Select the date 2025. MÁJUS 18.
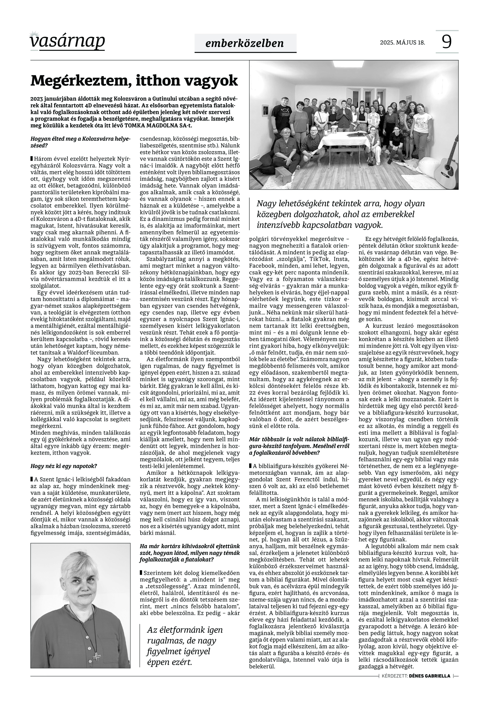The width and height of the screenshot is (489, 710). pos(402,43)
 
